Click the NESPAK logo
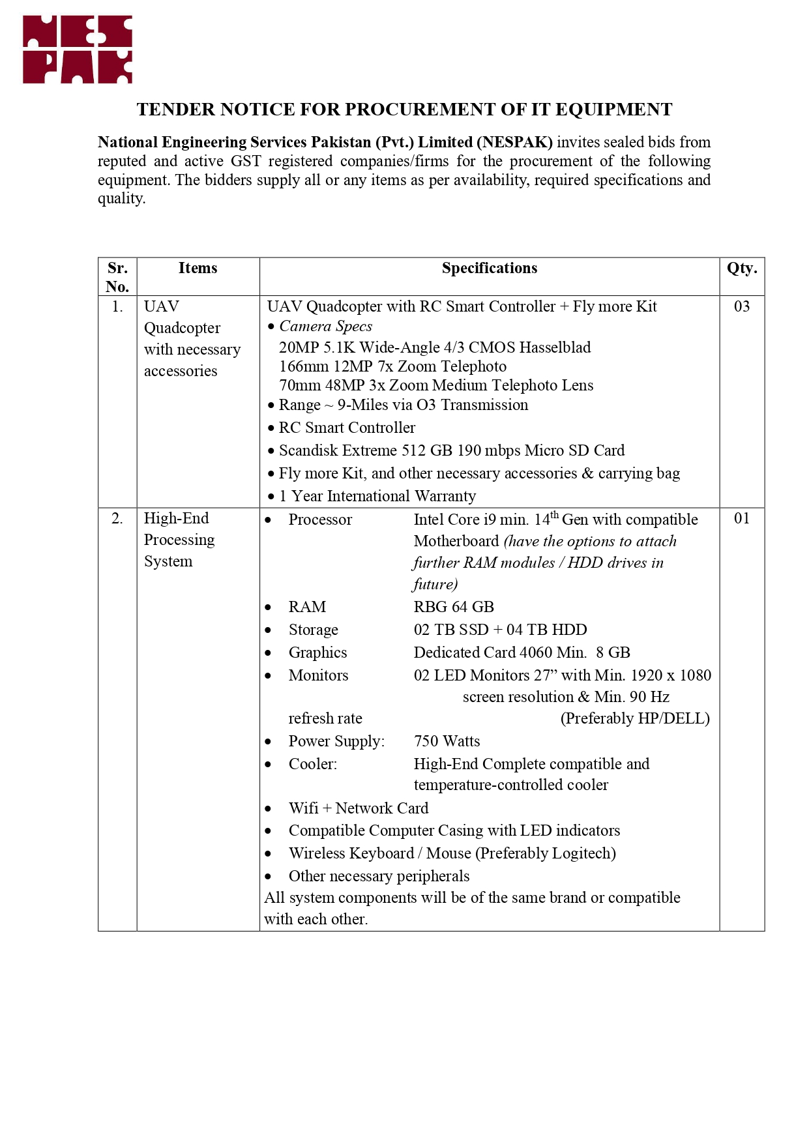(x=78, y=50)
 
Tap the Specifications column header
(x=489, y=269)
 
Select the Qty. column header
(x=742, y=269)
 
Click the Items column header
(x=198, y=269)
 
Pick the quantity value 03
(x=742, y=306)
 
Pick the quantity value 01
(x=742, y=518)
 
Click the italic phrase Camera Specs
(x=325, y=327)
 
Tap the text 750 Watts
(x=447, y=741)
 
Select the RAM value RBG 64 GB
(x=454, y=607)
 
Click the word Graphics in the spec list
(x=317, y=653)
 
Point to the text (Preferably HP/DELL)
(x=635, y=718)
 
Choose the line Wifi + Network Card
(x=359, y=808)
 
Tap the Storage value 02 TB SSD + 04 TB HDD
(x=500, y=630)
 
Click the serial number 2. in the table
(x=117, y=518)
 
